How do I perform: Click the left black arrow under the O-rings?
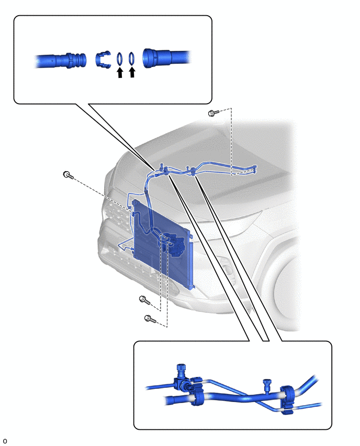click(x=120, y=73)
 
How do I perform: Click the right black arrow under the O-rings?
click(x=132, y=72)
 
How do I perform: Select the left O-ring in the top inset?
click(x=120, y=59)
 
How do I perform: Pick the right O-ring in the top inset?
click(x=131, y=58)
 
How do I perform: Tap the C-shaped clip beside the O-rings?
click(x=103, y=60)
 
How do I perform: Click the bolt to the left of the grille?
click(x=68, y=175)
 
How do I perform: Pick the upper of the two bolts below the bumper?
click(x=144, y=299)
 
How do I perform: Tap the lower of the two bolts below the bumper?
click(x=150, y=319)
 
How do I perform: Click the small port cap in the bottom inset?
click(x=267, y=384)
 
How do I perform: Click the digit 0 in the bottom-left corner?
click(x=5, y=441)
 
